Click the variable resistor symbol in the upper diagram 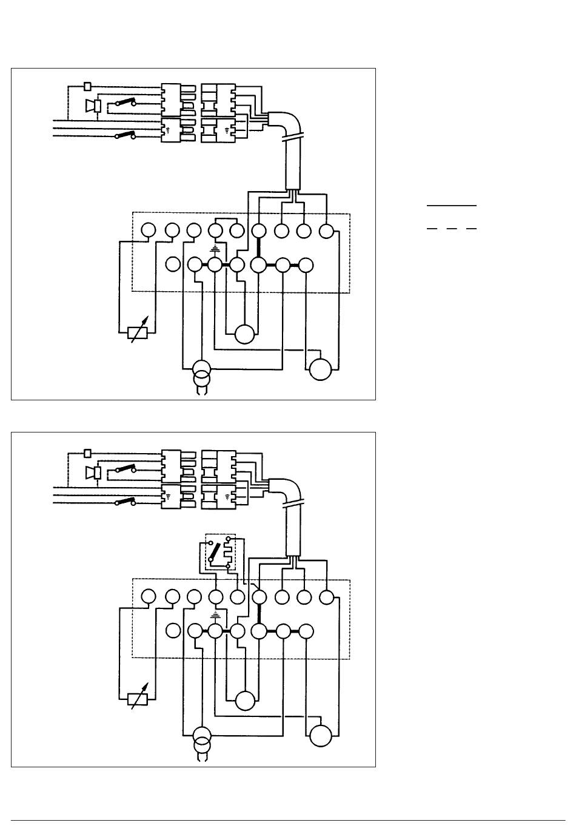click(x=138, y=332)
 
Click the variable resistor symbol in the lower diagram click(x=138, y=698)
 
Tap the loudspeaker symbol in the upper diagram click(x=93, y=106)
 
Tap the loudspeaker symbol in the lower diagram click(x=93, y=472)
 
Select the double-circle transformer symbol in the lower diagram click(x=200, y=739)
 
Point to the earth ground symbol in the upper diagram click(x=215, y=249)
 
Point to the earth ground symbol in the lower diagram click(x=215, y=615)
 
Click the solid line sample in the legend click(x=452, y=206)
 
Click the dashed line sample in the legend click(x=452, y=229)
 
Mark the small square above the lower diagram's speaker click(x=88, y=452)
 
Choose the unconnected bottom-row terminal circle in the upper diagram click(x=173, y=265)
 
